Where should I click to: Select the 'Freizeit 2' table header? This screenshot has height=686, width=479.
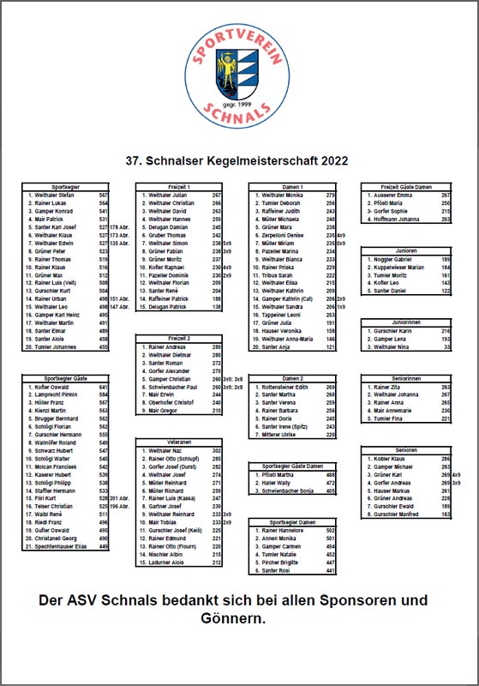click(179, 338)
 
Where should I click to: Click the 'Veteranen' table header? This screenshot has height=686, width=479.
click(179, 440)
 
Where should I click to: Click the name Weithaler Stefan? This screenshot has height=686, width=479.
click(55, 196)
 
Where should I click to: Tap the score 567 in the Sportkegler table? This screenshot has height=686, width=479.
click(103, 196)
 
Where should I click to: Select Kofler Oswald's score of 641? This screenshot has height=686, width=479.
click(103, 388)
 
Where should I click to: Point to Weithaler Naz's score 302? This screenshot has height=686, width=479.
click(217, 449)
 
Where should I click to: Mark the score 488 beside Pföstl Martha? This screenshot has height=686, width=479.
click(329, 473)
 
